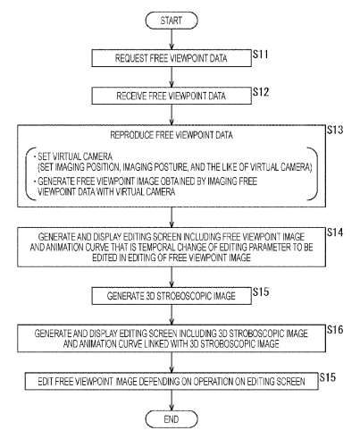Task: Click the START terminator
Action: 172,21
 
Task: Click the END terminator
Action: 172,419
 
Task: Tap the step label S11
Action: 261,55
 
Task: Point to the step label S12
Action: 261,92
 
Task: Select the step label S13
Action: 335,130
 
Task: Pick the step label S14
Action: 335,232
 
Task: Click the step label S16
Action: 335,330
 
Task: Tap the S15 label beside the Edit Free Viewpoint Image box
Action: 328,377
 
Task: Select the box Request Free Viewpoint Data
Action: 172,58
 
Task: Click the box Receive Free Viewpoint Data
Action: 172,96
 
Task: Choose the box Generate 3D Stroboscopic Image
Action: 172,296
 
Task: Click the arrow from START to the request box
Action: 172,39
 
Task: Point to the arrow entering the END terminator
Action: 172,401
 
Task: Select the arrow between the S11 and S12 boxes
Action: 172,77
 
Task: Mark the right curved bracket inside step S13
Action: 313,173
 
